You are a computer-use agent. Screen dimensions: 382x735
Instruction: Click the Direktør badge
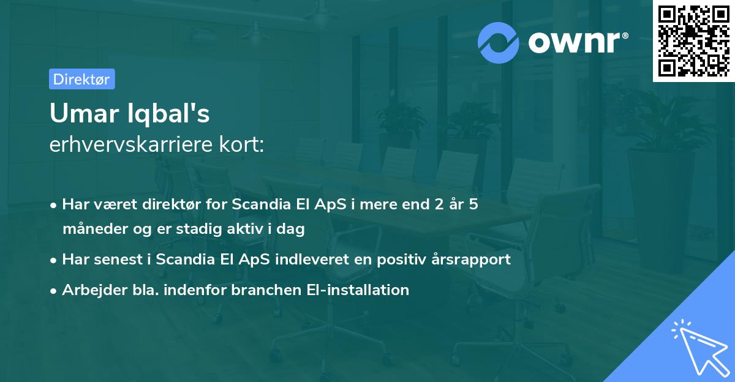(81, 79)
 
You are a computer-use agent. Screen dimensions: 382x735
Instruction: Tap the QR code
(693, 41)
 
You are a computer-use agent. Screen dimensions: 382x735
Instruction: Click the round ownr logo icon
(499, 42)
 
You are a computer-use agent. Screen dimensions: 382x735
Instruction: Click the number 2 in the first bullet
(438, 204)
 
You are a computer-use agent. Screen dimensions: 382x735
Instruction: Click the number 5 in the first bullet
(473, 204)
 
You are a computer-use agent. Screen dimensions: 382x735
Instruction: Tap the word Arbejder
(90, 290)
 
